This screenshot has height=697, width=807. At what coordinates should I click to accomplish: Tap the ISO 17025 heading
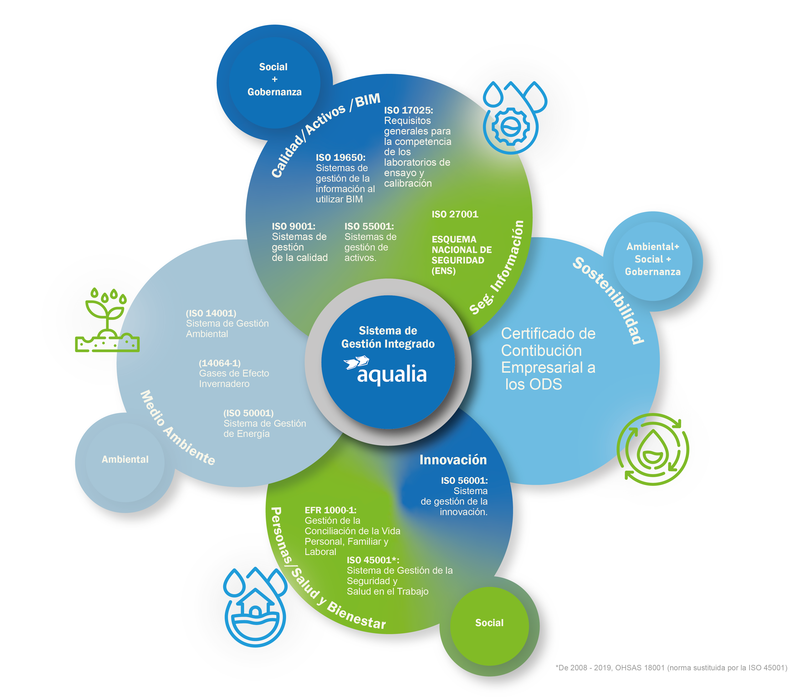point(409,110)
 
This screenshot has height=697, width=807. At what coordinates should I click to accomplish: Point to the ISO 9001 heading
point(294,227)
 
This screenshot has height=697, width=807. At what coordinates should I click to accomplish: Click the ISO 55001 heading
point(369,227)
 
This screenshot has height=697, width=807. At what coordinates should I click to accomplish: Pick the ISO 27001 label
point(455,214)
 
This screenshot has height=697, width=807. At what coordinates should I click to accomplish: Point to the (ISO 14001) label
point(211,313)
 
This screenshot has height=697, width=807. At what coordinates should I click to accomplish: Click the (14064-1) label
point(220,363)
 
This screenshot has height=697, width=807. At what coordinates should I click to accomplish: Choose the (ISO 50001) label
point(248,413)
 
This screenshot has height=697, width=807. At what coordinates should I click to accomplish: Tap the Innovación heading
point(453,460)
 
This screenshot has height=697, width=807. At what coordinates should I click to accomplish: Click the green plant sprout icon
point(107,320)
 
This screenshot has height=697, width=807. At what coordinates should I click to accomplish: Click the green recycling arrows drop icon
point(653,449)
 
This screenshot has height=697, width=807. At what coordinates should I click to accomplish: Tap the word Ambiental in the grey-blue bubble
point(125,460)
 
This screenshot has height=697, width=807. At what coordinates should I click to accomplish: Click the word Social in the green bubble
point(489,623)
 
